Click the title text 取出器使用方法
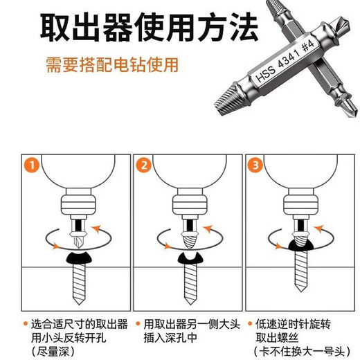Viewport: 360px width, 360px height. pyautogui.click(x=149, y=28)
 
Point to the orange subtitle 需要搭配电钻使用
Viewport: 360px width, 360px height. pyautogui.click(x=112, y=64)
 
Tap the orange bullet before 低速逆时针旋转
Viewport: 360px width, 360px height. pyautogui.click(x=249, y=323)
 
